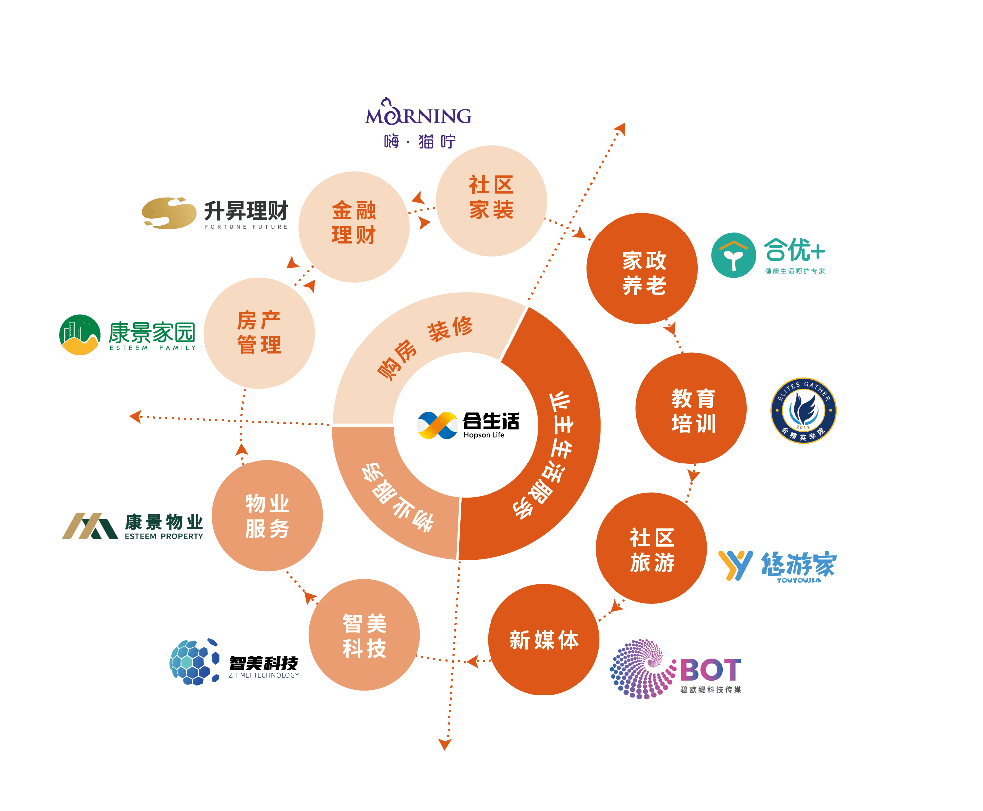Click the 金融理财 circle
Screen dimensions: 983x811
(x=354, y=227)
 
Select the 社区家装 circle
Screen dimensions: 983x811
(x=491, y=201)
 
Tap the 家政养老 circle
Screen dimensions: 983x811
(x=642, y=268)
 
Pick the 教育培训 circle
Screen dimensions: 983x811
(x=691, y=408)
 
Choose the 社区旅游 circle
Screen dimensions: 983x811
(x=651, y=548)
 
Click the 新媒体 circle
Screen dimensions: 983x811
(x=543, y=640)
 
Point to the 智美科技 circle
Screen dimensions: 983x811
(x=364, y=635)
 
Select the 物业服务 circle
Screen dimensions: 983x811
(x=267, y=515)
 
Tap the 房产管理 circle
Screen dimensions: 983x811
(x=259, y=333)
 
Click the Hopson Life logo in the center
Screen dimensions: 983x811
(x=469, y=425)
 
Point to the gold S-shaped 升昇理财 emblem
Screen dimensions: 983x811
(x=169, y=213)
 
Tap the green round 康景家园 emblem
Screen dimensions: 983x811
(x=80, y=335)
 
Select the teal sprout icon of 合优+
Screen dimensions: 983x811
(x=734, y=255)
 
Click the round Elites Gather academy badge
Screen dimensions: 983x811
(x=803, y=411)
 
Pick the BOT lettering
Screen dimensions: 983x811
(x=711, y=670)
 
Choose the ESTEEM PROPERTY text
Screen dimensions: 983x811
(x=164, y=536)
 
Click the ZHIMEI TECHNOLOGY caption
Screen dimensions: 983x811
(x=263, y=675)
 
